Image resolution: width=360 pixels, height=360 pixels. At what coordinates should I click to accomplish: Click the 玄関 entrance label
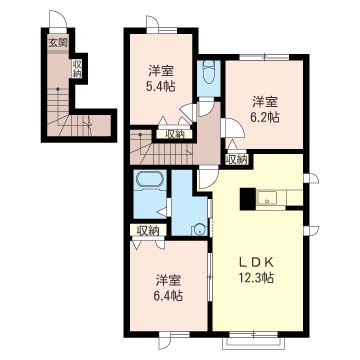[58, 42]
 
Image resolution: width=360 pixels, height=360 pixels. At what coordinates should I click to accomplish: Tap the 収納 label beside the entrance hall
[77, 68]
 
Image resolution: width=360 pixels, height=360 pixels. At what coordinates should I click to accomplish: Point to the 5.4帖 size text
[161, 87]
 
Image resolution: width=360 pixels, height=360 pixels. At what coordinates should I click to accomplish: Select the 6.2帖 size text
[265, 117]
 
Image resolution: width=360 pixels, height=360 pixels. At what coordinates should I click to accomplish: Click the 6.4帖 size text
[169, 296]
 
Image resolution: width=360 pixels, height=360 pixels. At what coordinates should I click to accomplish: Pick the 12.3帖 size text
[256, 277]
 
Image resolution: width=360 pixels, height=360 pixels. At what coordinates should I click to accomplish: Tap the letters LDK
[256, 262]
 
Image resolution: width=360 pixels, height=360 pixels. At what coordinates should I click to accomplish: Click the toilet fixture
[209, 73]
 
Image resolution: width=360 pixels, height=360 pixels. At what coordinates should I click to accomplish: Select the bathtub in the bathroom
[149, 180]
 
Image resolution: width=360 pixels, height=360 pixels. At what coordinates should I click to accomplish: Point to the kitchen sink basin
[266, 198]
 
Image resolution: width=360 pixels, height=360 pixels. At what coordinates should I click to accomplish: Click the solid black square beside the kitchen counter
[247, 199]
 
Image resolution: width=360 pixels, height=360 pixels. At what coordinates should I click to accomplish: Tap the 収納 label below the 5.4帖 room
[175, 134]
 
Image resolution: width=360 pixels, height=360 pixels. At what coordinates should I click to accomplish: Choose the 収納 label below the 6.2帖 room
[237, 159]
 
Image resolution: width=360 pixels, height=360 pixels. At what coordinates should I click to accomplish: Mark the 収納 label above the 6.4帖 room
[147, 231]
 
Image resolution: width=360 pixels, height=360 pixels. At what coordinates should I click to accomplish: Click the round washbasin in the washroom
[199, 229]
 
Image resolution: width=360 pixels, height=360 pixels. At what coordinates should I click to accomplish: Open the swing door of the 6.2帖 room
[233, 128]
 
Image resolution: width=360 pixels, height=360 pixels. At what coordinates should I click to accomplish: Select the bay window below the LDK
[254, 340]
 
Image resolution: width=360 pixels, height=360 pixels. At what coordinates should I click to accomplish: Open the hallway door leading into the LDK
[208, 178]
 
